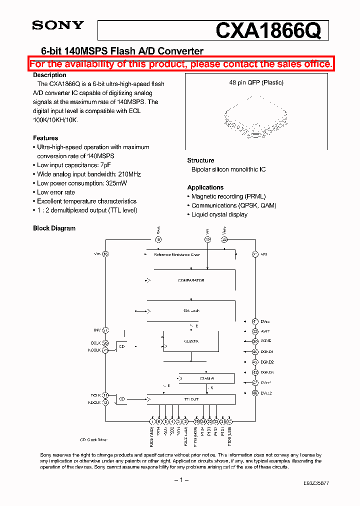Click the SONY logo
click(58, 25)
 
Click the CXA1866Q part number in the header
click(267, 31)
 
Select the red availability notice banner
click(180, 64)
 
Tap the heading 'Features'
click(45, 138)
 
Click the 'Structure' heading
click(200, 160)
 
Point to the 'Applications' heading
click(205, 187)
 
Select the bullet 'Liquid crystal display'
click(219, 214)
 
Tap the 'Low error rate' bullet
click(56, 192)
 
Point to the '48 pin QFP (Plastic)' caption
click(256, 82)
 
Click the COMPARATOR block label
click(191, 280)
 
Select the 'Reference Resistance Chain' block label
click(177, 254)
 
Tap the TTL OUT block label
click(191, 399)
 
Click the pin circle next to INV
click(105, 330)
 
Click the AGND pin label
click(266, 341)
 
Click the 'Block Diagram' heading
click(54, 228)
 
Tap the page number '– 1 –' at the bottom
click(180, 480)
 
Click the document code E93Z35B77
click(316, 484)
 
